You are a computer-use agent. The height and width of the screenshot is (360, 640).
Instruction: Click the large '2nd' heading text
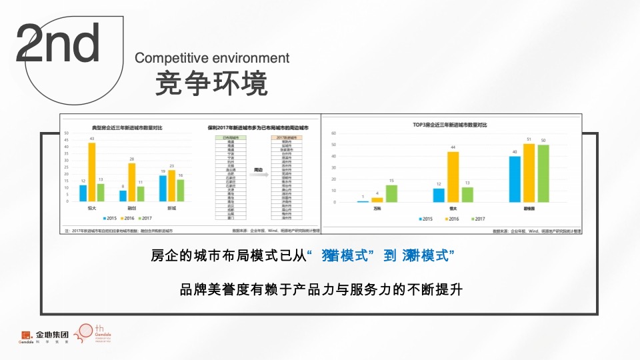pos(58,43)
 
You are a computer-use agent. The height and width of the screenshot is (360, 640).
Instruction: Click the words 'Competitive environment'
pos(212,58)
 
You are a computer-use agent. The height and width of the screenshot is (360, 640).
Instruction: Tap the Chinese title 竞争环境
pos(211,84)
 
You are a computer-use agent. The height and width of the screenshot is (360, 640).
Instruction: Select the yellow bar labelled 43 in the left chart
pos(92,172)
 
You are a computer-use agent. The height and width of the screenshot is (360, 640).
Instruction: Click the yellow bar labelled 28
pos(132,182)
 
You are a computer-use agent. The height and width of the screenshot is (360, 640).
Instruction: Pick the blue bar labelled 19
pos(163,189)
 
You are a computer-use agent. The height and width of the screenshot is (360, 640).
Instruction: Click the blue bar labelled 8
pos(123,196)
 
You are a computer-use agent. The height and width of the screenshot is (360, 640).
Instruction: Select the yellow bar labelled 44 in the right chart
pos(453,177)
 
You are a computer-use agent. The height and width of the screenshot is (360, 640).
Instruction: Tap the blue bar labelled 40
pos(515,179)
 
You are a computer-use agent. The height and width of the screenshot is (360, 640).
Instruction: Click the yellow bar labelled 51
pos(529,173)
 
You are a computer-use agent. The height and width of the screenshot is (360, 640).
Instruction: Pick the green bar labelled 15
pos(391,193)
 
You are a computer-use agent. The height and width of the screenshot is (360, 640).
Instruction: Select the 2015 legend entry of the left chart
pos(110,218)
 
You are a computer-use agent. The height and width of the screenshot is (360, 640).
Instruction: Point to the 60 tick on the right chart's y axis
pos(333,133)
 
